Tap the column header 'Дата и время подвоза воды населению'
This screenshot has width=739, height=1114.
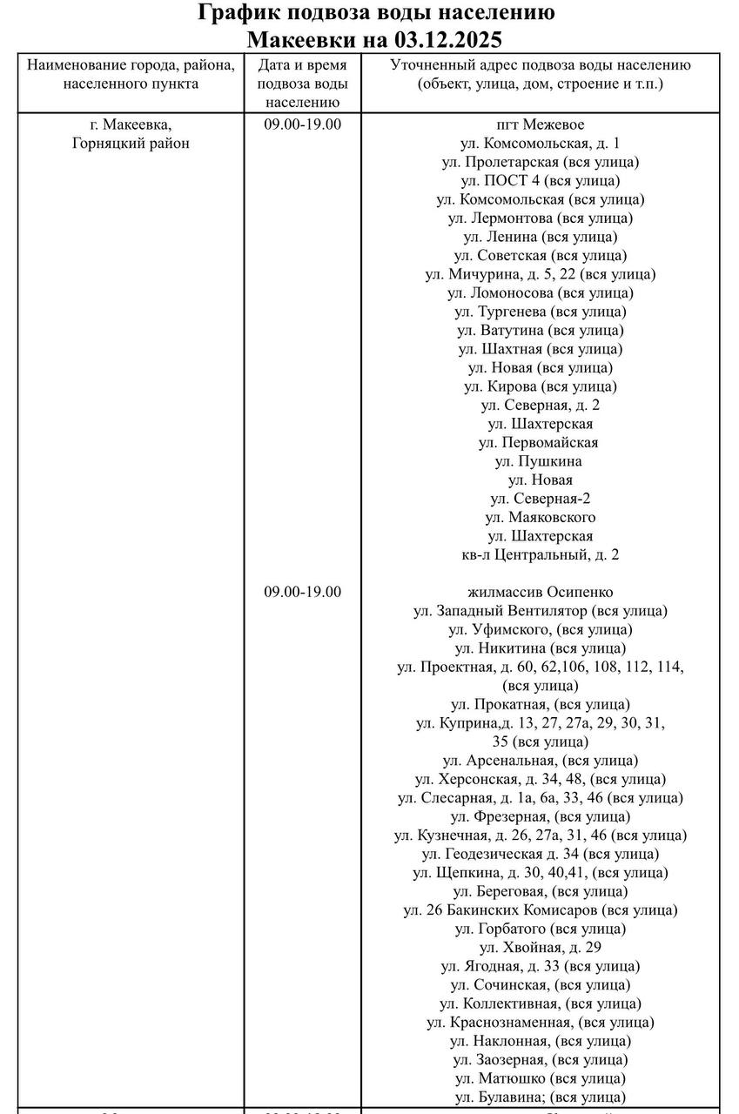coord(303,84)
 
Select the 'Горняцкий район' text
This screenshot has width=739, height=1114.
coord(131,144)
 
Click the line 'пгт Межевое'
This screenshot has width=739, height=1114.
coord(541,124)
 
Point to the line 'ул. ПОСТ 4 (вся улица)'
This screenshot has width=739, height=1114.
coord(541,181)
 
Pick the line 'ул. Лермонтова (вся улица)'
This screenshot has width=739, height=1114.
coord(541,218)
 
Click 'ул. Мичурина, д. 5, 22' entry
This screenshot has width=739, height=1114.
coord(541,274)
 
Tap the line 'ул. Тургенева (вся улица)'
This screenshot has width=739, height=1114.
coord(541,312)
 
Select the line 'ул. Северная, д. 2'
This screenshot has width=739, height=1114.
coord(541,406)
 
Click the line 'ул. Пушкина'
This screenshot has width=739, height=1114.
coord(541,461)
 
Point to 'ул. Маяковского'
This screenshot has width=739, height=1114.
coord(541,517)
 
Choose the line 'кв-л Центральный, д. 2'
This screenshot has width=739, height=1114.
coord(541,554)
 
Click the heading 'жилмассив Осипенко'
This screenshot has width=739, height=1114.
coord(541,592)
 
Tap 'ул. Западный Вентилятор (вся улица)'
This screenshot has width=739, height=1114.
coord(541,611)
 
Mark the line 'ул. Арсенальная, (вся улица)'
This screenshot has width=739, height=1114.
coord(541,761)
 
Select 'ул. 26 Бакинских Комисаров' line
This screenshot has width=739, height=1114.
coord(541,910)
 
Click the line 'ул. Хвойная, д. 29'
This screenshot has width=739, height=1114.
coord(541,948)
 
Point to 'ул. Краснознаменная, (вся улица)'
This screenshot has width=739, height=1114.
coord(541,1023)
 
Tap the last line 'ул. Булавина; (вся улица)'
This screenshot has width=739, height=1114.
coord(541,1097)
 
